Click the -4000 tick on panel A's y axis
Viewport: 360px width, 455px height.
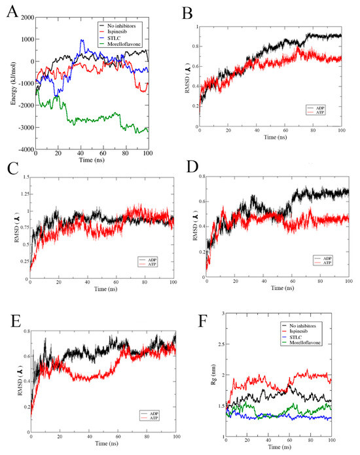[x=24, y=149]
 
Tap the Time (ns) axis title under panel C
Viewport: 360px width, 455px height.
[x=96, y=287]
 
